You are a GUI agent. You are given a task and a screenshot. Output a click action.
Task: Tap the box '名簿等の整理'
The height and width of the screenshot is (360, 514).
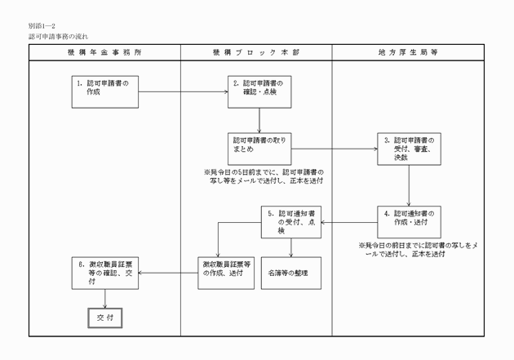point(292,273)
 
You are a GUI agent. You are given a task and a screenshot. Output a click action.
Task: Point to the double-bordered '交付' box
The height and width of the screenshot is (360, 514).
point(103,316)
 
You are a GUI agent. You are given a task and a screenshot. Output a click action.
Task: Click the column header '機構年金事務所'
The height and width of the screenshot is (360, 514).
point(104,51)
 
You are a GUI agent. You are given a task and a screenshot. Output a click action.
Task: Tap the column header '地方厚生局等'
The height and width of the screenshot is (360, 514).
point(408,51)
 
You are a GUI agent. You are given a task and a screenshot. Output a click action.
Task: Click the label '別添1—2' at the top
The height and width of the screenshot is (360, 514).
point(42,27)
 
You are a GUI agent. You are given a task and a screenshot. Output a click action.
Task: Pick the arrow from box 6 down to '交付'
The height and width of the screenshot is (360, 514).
point(103,297)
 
